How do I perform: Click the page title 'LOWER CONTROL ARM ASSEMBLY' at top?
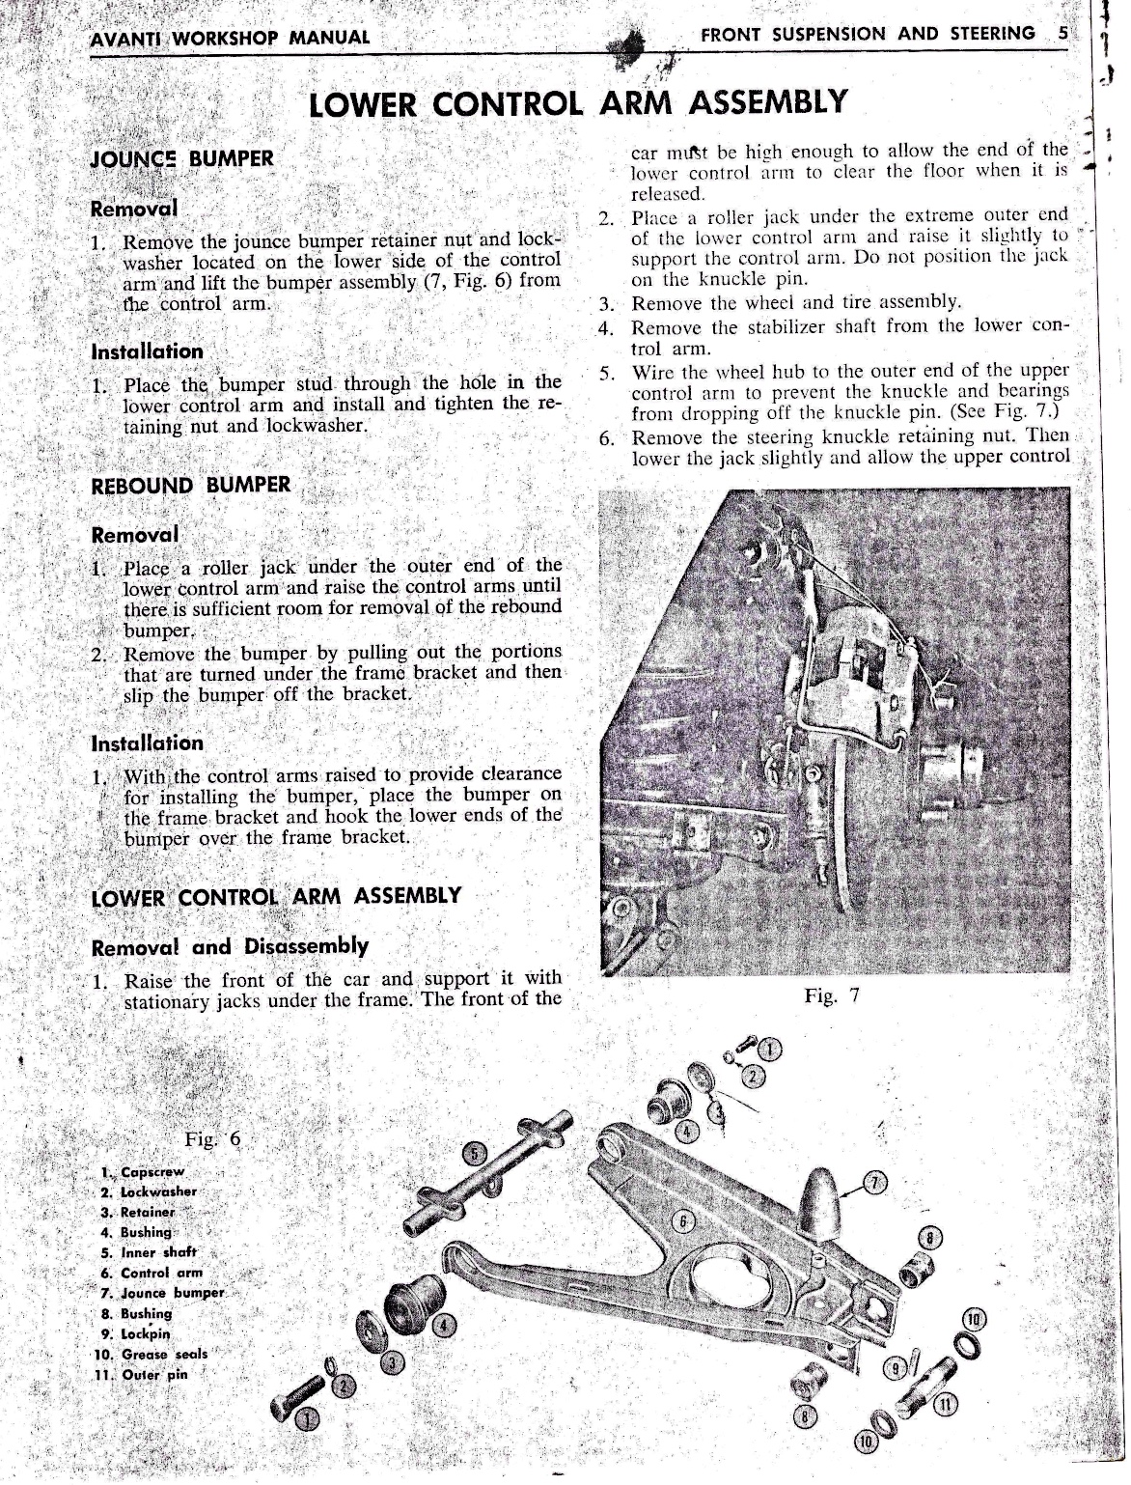[x=576, y=102]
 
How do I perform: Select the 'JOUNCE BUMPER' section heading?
[x=181, y=158]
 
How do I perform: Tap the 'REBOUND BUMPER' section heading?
[x=189, y=485]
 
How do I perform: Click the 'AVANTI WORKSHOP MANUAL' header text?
[x=228, y=38]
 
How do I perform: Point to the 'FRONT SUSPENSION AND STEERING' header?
[x=868, y=34]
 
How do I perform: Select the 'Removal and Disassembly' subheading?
[x=229, y=945]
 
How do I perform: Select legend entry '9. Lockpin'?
[x=143, y=1333]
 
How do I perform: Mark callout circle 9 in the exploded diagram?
[x=897, y=1366]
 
